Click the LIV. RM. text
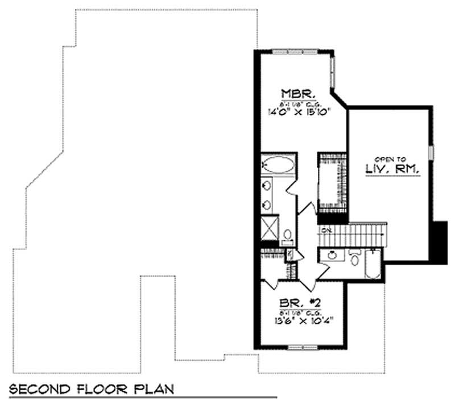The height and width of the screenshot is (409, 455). (392, 169)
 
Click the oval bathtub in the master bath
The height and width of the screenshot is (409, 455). (278, 165)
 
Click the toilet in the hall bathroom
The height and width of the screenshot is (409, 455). (355, 259)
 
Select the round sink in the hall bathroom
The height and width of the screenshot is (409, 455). (331, 255)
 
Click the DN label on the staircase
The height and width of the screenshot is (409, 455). (326, 230)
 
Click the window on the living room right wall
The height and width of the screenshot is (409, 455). (431, 152)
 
